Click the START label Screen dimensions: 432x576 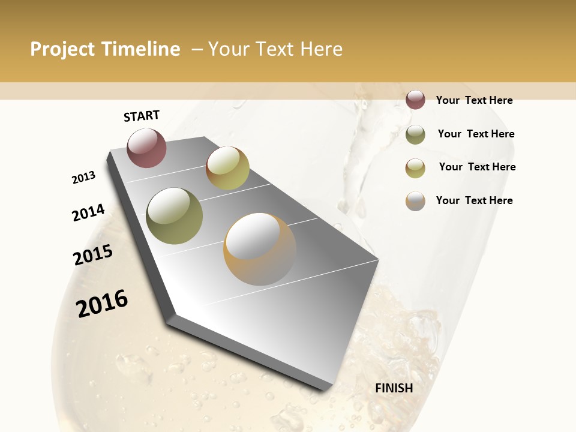pos(142,116)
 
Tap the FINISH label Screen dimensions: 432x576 pos(394,388)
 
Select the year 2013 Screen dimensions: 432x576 pos(83,178)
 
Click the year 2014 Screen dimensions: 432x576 pos(88,212)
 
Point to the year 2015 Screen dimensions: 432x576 pos(93,255)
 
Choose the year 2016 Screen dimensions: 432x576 pos(102,303)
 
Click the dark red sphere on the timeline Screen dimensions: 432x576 pos(146,148)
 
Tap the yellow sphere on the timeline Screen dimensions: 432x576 pos(227,168)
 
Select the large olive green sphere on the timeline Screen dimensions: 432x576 pos(174,216)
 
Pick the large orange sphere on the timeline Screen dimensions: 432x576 pos(260,249)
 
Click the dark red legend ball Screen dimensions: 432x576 pos(415,100)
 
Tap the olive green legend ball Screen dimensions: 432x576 pos(415,134)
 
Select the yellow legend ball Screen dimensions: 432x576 pos(415,168)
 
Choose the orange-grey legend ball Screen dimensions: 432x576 pos(415,201)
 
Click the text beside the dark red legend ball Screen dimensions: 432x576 pos(474,100)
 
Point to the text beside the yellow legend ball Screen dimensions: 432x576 pos(477,167)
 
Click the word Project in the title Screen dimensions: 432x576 pos(62,49)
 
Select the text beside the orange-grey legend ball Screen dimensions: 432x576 pos(474,200)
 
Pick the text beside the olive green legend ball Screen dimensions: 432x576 pos(476,134)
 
